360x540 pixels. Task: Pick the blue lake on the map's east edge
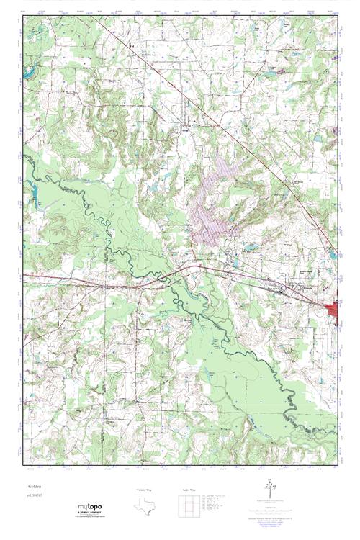pos(332,255)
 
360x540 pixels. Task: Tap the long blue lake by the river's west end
pos(34,190)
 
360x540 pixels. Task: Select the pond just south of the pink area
pos(249,248)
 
